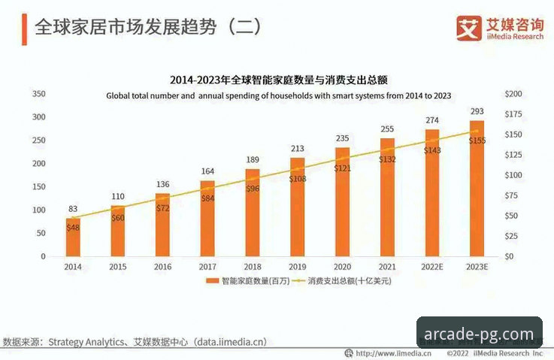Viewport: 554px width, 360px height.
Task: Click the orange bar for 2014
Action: tap(73, 237)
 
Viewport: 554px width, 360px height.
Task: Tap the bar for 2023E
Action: tap(477, 188)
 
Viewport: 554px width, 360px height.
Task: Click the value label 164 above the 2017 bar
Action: tap(207, 171)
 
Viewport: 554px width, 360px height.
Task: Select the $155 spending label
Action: tap(477, 141)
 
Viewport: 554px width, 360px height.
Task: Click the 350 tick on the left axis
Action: tap(38, 94)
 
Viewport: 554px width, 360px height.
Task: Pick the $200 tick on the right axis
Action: tap(514, 94)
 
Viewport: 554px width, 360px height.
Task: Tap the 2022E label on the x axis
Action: tap(431, 267)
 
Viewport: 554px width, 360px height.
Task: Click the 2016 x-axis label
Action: tap(162, 267)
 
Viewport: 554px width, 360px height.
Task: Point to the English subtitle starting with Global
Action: tap(278, 95)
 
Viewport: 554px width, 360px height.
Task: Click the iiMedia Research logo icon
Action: tap(469, 29)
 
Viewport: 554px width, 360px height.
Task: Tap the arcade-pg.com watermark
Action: tap(479, 334)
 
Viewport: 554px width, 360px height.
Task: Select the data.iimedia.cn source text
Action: tap(230, 342)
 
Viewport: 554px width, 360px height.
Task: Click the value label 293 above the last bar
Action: tap(477, 112)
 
